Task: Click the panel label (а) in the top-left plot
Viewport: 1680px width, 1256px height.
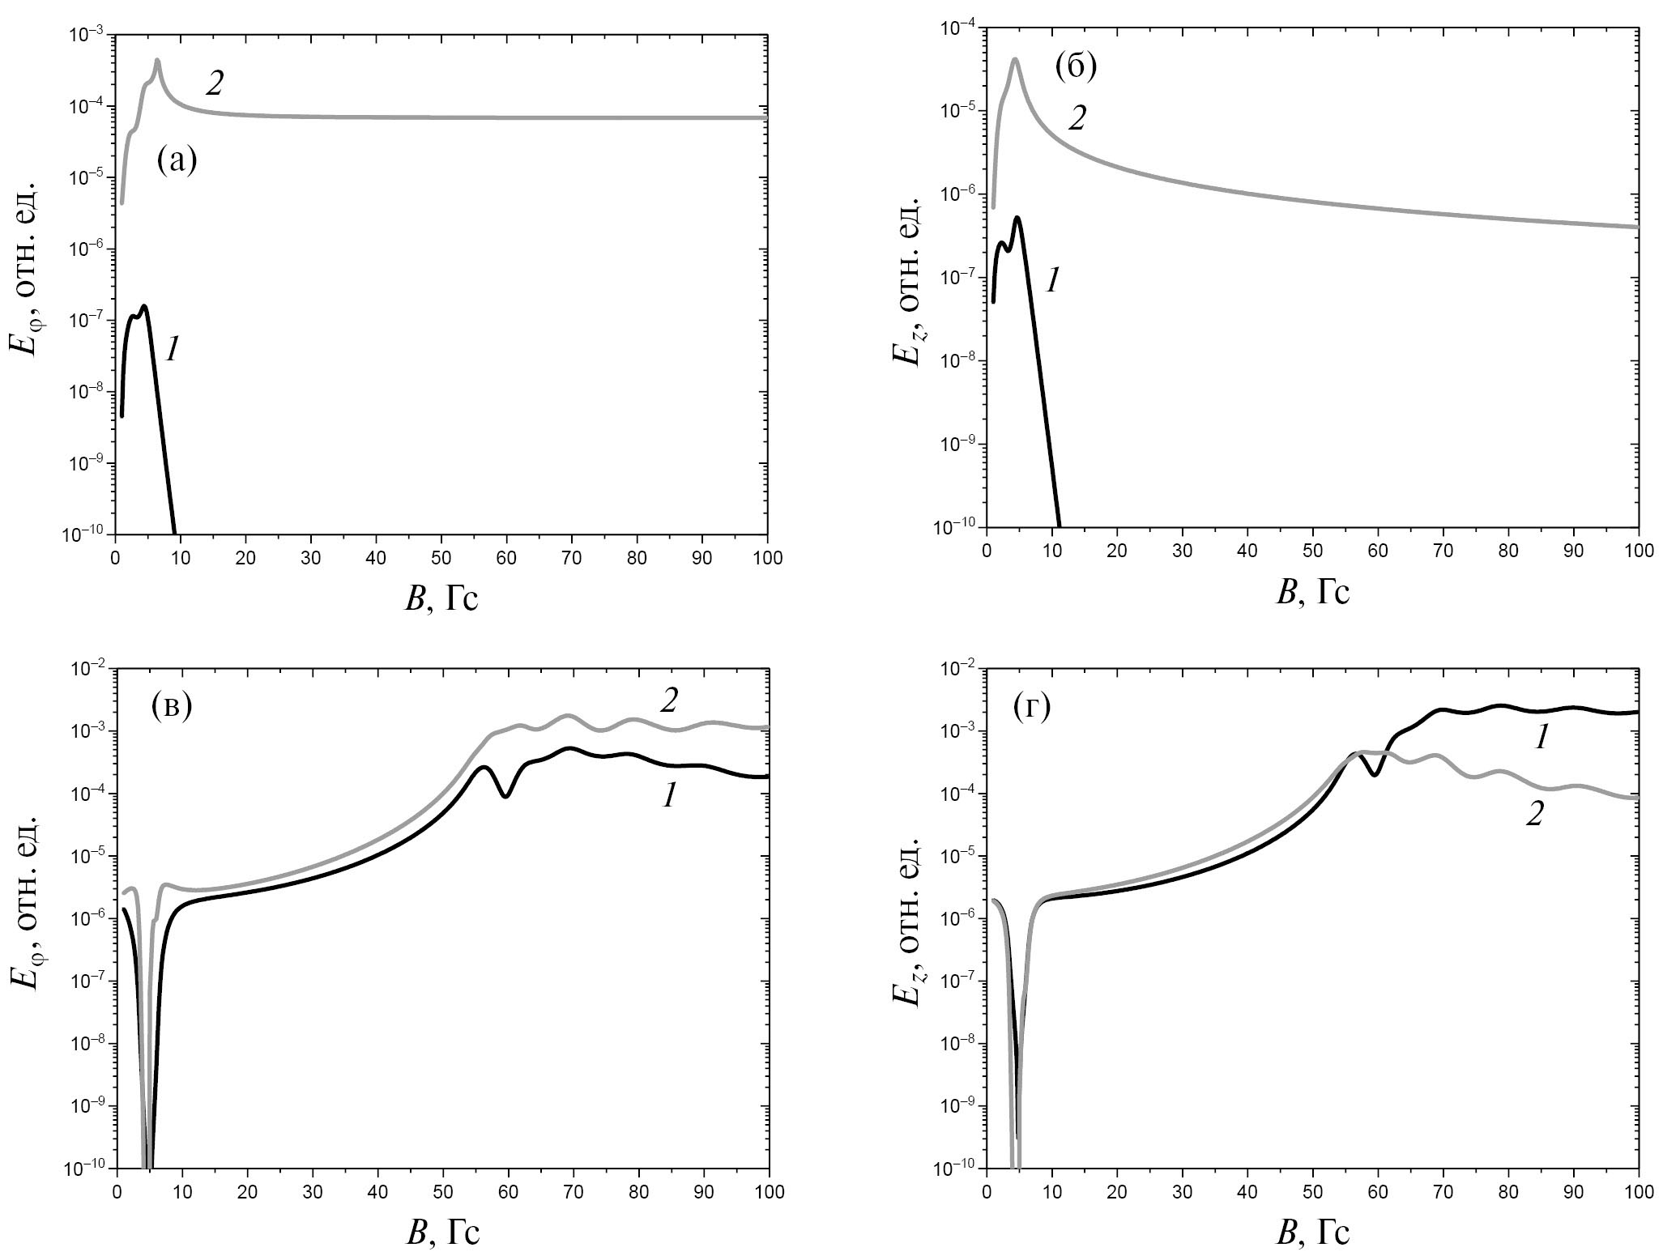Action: click(177, 161)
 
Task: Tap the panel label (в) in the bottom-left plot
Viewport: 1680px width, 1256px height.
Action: click(172, 706)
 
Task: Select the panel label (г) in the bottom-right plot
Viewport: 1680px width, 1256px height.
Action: click(1032, 707)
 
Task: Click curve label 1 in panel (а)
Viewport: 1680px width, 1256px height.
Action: click(172, 350)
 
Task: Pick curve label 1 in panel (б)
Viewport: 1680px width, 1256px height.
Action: click(1052, 281)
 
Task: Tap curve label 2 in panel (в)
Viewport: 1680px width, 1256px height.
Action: click(668, 700)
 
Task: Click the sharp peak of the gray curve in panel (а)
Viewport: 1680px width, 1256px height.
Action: click(157, 61)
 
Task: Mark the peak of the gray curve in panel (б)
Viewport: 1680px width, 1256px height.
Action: click(1014, 59)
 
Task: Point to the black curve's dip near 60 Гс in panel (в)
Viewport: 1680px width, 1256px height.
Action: click(505, 796)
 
